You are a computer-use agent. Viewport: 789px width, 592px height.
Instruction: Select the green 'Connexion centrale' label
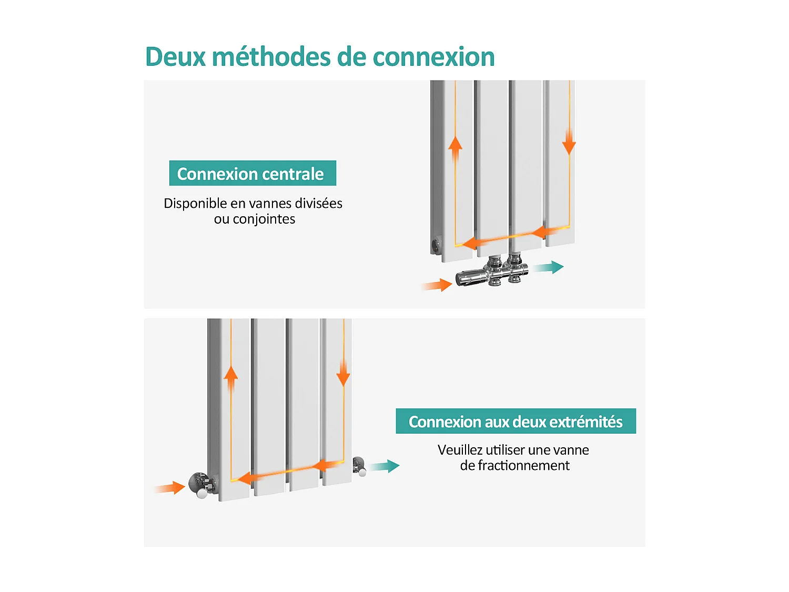point(252,173)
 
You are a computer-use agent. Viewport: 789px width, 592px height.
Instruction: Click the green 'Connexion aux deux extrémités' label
point(515,421)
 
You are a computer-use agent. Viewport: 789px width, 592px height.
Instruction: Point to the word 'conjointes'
point(264,219)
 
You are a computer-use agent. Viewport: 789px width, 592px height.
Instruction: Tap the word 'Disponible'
point(195,203)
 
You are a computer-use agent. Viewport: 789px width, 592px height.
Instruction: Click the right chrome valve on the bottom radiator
point(359,466)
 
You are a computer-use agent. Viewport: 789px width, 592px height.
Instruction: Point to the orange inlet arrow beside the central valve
point(438,285)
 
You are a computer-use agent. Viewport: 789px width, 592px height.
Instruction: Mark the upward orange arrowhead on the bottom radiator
point(230,373)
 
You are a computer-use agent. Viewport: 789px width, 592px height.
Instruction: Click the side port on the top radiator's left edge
point(435,245)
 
